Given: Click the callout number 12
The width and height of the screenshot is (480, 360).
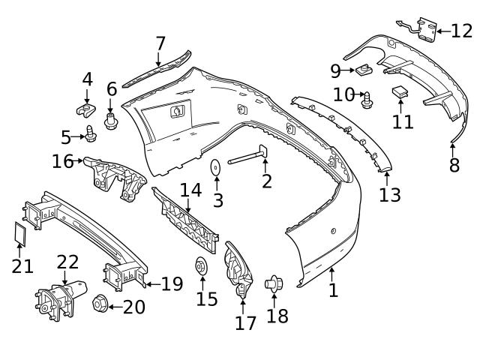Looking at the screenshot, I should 462,31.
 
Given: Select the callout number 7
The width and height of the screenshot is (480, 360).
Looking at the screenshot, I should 160,43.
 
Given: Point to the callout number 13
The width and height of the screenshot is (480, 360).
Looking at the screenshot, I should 389,195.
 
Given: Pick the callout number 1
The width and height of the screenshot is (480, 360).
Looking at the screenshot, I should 333,289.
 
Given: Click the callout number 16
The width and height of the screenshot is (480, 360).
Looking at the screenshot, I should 62,161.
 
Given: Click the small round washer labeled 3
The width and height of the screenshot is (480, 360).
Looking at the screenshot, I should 215,168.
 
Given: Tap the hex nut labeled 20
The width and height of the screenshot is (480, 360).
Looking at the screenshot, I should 97,304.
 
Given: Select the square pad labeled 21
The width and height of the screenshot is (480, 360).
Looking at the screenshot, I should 21,235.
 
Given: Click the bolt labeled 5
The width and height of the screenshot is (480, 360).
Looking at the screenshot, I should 91,134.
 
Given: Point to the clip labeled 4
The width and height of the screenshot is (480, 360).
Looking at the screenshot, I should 87,111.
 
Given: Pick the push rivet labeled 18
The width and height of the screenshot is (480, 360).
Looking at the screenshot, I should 273,284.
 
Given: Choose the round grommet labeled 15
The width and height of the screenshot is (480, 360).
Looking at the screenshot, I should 202,267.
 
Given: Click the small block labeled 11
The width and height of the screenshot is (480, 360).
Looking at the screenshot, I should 400,92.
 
